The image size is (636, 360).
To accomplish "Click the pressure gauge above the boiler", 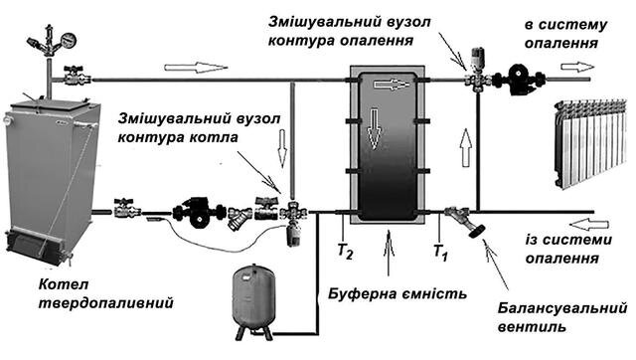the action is (x=69, y=41).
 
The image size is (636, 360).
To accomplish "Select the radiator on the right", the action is (x=590, y=143).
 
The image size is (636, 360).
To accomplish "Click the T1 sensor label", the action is (x=441, y=252).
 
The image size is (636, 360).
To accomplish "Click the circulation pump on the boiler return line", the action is (x=199, y=213).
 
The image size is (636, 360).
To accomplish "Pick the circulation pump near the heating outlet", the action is (x=519, y=80).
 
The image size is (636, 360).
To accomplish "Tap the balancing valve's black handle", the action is (x=476, y=231).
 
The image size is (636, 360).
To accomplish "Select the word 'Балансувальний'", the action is (x=562, y=309).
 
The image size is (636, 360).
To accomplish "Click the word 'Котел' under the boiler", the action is (x=64, y=284).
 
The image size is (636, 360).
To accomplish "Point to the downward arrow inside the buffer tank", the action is (x=375, y=128).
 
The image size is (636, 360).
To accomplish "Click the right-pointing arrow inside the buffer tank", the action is (x=392, y=84).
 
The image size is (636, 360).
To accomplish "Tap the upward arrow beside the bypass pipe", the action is (x=466, y=147).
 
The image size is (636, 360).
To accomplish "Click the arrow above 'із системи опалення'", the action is (x=589, y=224).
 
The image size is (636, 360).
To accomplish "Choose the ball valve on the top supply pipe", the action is (x=75, y=76).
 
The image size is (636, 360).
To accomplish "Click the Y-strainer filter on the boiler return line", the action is (x=239, y=217).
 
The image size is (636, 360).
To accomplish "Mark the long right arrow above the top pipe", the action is (x=197, y=67).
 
